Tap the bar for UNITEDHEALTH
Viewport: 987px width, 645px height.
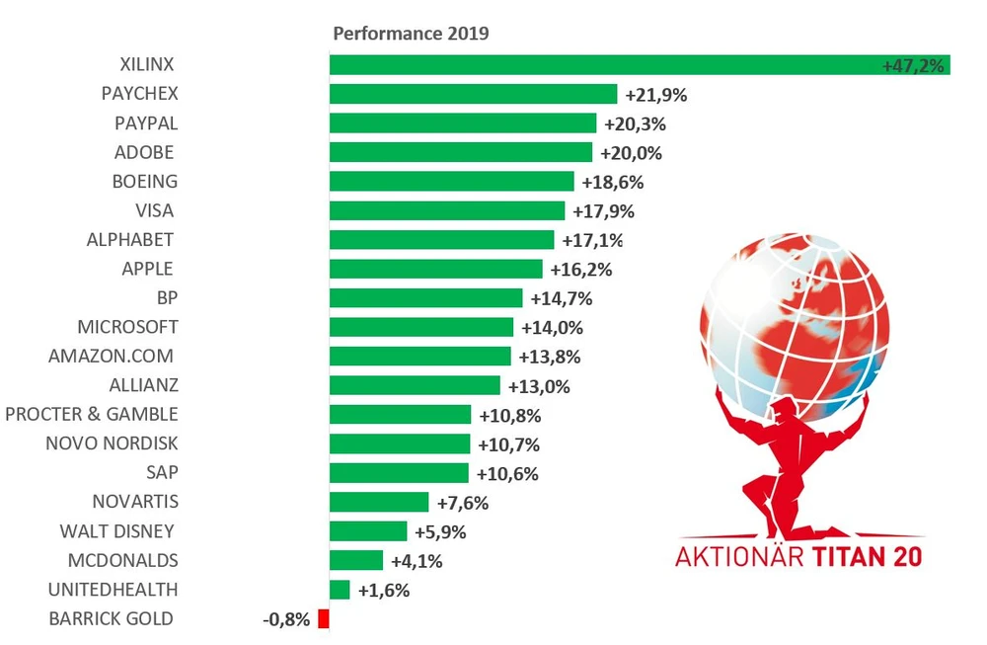(340, 590)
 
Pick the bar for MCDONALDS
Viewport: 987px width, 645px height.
(355, 561)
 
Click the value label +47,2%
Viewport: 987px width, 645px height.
(914, 66)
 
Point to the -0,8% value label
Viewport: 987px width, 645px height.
(287, 620)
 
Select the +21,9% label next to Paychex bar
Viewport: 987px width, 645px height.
(655, 95)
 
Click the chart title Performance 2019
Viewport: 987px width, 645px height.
(411, 33)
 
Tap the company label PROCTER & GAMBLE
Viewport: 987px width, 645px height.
(92, 414)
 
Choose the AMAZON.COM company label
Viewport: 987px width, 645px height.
(112, 356)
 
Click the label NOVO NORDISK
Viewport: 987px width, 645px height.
(112, 443)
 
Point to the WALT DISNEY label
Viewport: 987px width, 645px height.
(116, 531)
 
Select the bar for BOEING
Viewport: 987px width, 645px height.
(451, 182)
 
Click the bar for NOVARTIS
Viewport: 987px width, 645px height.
(379, 502)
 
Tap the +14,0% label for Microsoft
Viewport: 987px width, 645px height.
(552, 328)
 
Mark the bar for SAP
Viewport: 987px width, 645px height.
(399, 473)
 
